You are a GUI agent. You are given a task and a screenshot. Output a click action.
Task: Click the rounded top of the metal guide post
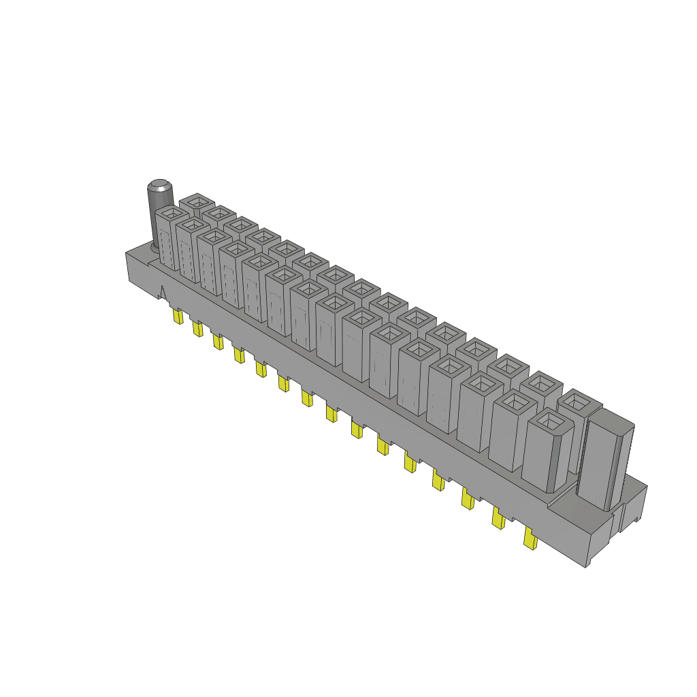click(x=160, y=185)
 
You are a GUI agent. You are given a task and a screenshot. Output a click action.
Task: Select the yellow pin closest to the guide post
click(x=178, y=317)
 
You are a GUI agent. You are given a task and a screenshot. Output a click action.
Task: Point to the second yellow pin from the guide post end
click(x=197, y=329)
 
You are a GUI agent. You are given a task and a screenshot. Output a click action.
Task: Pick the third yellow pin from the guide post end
click(x=218, y=341)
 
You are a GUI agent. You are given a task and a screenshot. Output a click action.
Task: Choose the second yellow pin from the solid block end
click(x=498, y=520)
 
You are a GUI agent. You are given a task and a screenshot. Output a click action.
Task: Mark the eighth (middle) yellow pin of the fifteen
click(x=331, y=412)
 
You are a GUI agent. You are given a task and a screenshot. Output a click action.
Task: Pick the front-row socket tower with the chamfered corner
click(x=547, y=452)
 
